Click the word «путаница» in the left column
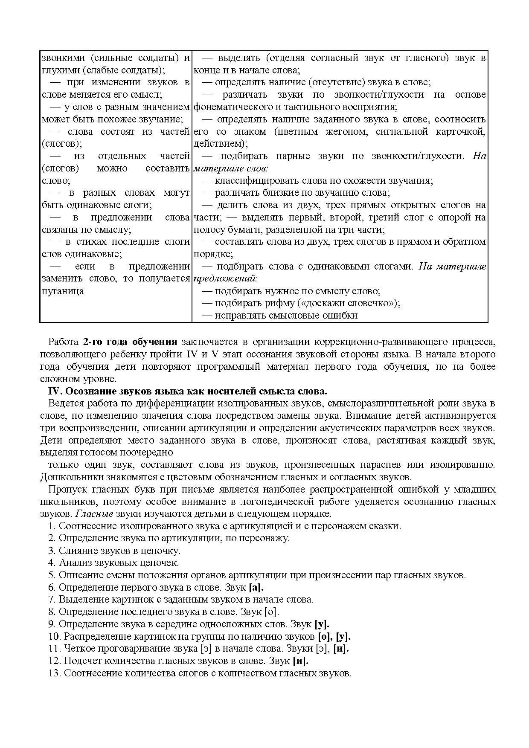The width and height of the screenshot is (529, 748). click(x=63, y=291)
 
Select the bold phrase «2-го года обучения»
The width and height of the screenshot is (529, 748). click(x=130, y=342)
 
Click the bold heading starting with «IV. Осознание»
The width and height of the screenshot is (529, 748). click(x=188, y=391)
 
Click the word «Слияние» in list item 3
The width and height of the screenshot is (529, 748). click(x=75, y=551)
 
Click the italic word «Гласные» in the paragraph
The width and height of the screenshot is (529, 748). click(x=97, y=514)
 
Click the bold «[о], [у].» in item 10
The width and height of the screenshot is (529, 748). click(x=334, y=637)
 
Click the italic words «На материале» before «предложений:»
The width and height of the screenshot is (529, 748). click(x=452, y=267)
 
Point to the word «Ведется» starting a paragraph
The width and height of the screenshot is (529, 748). click(x=65, y=403)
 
